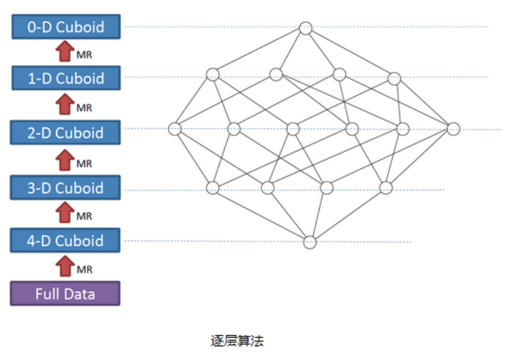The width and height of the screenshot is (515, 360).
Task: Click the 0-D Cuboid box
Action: click(66, 27)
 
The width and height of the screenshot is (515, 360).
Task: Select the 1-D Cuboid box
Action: click(66, 78)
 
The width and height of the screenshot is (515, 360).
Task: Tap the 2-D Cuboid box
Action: click(66, 132)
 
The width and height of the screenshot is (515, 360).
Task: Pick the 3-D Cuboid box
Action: click(66, 187)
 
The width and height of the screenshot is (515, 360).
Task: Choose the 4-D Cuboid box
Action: click(66, 240)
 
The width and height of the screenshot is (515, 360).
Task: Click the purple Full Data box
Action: click(66, 293)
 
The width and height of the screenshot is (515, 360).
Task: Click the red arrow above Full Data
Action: click(66, 266)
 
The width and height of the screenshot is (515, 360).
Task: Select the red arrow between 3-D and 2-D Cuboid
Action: click(66, 160)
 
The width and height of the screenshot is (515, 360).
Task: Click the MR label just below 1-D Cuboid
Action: click(84, 108)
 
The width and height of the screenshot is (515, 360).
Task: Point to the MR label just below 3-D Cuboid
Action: click(84, 217)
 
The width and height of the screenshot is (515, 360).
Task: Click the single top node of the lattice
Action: click(306, 28)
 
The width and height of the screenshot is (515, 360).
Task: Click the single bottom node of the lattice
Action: click(310, 242)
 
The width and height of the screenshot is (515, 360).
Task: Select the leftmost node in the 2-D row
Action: click(175, 129)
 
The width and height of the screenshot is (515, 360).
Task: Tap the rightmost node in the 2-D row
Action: click(453, 129)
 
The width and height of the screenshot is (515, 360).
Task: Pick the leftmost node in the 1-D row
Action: click(213, 74)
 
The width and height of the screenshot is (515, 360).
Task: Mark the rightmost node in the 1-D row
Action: click(394, 78)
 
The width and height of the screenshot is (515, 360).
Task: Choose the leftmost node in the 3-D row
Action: click(213, 187)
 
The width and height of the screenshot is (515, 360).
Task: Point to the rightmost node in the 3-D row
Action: click(385, 187)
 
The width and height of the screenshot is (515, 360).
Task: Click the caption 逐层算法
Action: click(237, 340)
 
